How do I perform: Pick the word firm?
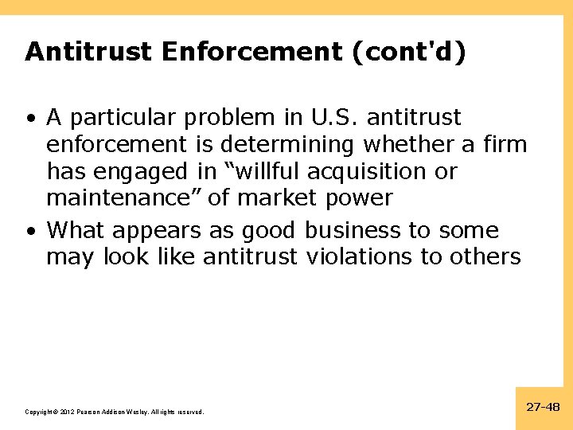click(504, 144)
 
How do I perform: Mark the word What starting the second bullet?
click(76, 231)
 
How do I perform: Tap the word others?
click(483, 257)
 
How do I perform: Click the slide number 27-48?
click(544, 407)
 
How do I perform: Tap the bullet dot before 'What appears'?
click(29, 232)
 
